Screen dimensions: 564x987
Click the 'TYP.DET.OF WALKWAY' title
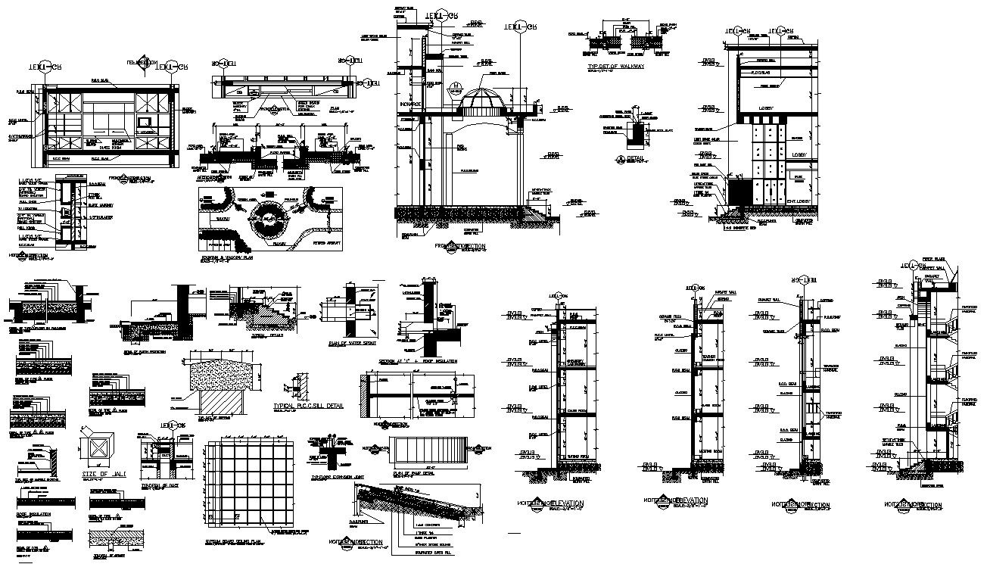coord(616,67)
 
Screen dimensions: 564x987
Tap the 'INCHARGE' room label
coord(410,104)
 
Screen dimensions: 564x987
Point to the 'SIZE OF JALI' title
coord(103,474)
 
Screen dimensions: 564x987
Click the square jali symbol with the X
coord(99,451)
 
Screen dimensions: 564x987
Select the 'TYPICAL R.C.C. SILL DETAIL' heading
coord(308,406)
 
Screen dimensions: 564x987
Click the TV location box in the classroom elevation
coord(146,122)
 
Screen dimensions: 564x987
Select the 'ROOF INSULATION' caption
coord(35,514)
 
